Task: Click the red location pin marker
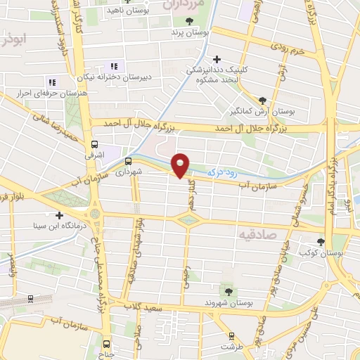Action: tap(181, 165)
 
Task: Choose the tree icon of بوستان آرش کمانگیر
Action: tap(262, 101)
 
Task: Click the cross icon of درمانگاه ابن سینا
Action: tap(59, 216)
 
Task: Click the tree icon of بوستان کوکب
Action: tap(321, 241)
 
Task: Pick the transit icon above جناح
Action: tap(106, 344)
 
